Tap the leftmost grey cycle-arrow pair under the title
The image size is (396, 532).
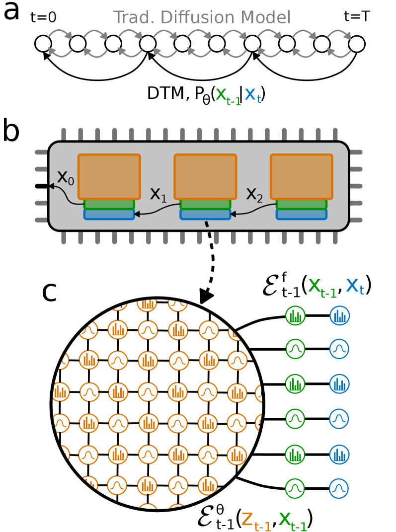click(60, 43)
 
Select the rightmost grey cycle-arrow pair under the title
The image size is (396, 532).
click(339, 43)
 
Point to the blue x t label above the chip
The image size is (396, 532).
click(252, 95)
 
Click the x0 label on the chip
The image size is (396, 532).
click(66, 178)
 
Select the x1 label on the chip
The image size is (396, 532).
click(158, 195)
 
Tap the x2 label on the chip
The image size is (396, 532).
click(254, 195)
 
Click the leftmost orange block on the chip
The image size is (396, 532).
click(109, 177)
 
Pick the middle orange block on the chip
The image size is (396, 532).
click(205, 177)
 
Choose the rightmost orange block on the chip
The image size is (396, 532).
click(302, 177)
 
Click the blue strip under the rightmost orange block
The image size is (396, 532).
click(302, 215)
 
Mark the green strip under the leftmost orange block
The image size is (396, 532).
click(109, 205)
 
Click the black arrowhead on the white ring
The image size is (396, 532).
click(206, 296)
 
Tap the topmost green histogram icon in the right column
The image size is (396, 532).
click(295, 315)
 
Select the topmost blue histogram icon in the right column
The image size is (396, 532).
click(339, 315)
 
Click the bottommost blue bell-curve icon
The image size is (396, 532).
click(339, 488)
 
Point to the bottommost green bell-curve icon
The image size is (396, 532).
click(295, 488)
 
